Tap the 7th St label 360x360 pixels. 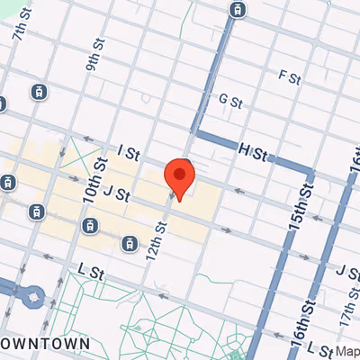22,30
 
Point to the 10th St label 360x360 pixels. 94,180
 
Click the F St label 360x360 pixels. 288,76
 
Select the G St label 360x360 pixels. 231,101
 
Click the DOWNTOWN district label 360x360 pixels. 44,343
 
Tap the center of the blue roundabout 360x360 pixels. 32,294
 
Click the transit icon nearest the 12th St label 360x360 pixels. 131,242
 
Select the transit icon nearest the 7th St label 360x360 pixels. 38,91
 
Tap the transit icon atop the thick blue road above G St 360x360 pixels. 237,11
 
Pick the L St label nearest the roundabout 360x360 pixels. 87,269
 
